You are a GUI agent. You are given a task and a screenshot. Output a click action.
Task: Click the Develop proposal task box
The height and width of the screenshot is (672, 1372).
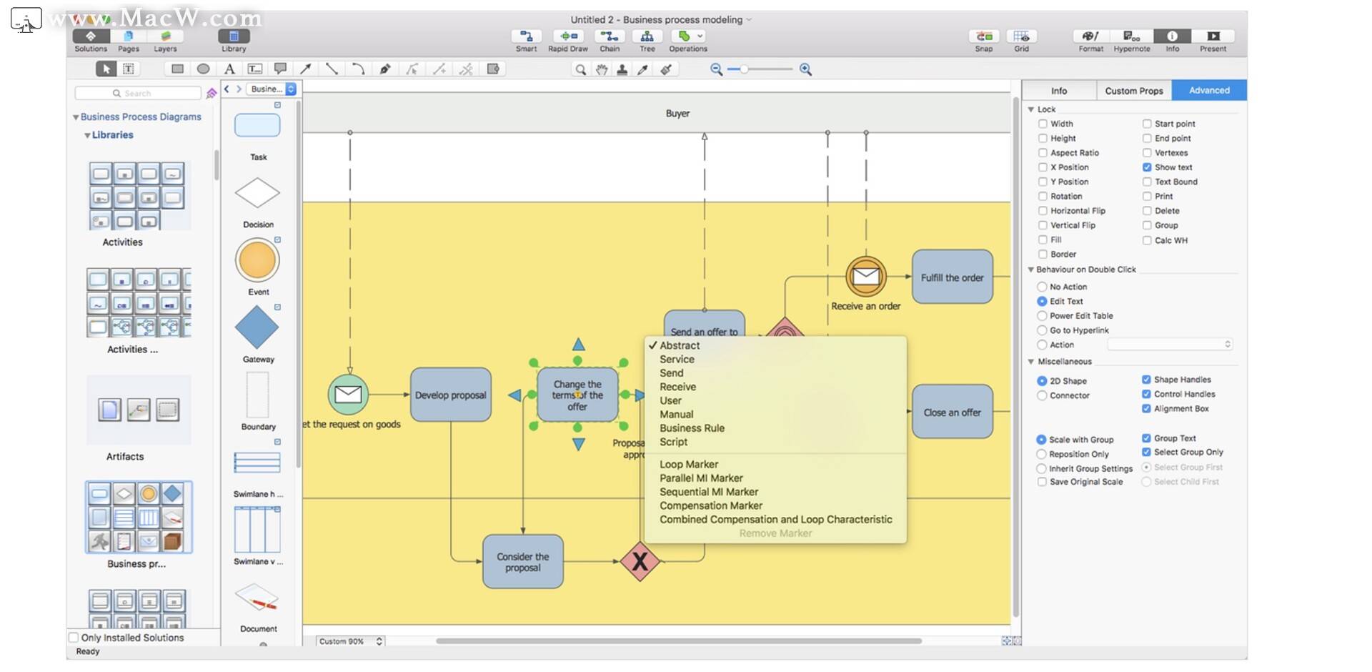pyautogui.click(x=450, y=395)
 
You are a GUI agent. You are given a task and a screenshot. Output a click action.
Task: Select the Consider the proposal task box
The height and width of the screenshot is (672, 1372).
pyautogui.click(x=522, y=562)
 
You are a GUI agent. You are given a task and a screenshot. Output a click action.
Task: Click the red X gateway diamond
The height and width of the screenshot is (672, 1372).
pyautogui.click(x=640, y=561)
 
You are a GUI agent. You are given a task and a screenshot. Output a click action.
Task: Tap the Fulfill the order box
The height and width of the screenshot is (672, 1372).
pyautogui.click(x=952, y=277)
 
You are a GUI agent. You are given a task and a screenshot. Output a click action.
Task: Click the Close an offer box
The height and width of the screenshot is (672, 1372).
pyautogui.click(x=952, y=412)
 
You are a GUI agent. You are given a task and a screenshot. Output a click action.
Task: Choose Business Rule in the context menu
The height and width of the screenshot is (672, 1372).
pyautogui.click(x=691, y=428)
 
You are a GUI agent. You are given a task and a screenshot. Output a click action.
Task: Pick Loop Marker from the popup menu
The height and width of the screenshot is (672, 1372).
pyautogui.click(x=688, y=465)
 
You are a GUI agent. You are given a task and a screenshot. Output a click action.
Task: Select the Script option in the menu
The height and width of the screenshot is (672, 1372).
pyautogui.click(x=673, y=442)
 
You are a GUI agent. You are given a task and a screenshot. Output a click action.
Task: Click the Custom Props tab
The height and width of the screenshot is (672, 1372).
pyautogui.click(x=1133, y=91)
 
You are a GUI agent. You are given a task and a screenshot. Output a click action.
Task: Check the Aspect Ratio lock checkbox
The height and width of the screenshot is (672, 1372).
pyautogui.click(x=1043, y=153)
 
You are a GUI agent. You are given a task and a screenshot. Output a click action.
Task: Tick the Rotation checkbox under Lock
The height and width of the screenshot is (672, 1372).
pyautogui.click(x=1043, y=197)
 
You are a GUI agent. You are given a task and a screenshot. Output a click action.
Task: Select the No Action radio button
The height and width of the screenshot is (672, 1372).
pyautogui.click(x=1042, y=287)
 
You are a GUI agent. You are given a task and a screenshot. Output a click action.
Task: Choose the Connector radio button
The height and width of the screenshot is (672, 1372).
pyautogui.click(x=1042, y=395)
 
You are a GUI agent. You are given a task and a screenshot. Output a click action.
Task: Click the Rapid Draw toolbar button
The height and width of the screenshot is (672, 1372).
pyautogui.click(x=568, y=40)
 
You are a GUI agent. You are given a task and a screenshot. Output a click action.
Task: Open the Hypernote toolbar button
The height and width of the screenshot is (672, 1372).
pyautogui.click(x=1131, y=40)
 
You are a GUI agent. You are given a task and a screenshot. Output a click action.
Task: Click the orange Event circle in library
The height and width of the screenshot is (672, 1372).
pyautogui.click(x=257, y=260)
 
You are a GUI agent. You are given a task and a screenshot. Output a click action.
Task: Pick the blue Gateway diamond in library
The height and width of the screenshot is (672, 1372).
pyautogui.click(x=257, y=327)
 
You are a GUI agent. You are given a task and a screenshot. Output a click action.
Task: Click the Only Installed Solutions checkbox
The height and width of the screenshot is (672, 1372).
pyautogui.click(x=74, y=637)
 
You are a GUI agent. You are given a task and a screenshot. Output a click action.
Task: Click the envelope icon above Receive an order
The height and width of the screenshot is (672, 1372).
pyautogui.click(x=866, y=276)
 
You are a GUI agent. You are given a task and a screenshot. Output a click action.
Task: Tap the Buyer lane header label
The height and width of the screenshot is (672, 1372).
pyautogui.click(x=677, y=113)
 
